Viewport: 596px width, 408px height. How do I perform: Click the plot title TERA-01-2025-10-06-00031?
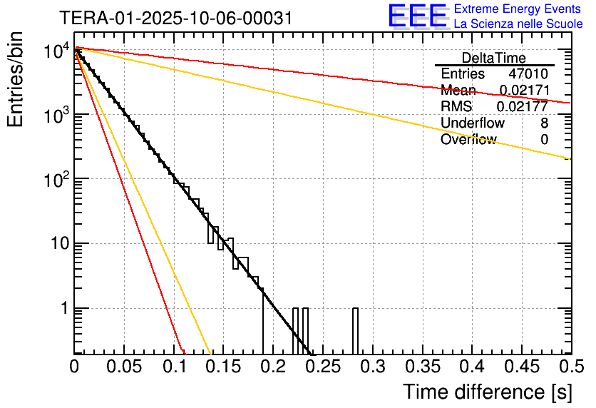[175, 19]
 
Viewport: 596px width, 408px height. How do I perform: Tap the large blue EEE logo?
[417, 16]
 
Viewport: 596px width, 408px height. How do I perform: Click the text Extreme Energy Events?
[518, 9]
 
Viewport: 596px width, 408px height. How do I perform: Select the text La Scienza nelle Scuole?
[518, 24]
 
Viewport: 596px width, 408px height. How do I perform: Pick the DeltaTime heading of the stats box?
[494, 58]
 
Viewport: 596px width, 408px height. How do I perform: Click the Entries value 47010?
[528, 74]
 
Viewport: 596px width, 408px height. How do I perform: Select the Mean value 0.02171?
[523, 91]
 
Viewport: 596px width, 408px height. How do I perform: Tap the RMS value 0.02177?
[523, 107]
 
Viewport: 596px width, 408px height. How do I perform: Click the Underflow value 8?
[544, 123]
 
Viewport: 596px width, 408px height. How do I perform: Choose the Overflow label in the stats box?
[468, 140]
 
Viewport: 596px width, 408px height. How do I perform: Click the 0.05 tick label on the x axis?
[124, 367]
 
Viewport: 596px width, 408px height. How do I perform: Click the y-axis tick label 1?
[64, 309]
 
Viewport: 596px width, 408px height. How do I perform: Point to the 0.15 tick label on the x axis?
[223, 367]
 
